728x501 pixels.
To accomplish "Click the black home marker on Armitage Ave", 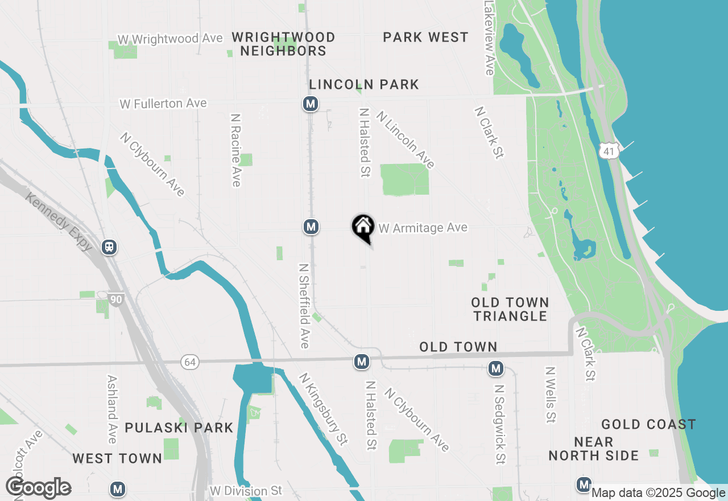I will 363,227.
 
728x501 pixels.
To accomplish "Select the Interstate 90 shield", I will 116,299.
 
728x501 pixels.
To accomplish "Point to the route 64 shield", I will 190,362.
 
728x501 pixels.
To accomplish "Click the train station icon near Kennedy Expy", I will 109,247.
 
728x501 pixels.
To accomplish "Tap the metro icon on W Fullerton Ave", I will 310,104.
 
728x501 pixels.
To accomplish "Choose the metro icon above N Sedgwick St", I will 496,368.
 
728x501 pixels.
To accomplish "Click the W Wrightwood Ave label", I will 170,39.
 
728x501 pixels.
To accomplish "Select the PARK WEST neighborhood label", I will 425,38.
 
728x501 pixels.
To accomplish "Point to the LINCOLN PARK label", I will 364,85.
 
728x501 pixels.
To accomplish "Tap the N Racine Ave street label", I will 235,150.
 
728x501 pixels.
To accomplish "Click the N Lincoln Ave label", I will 405,139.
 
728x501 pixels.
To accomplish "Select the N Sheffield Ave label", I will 304,305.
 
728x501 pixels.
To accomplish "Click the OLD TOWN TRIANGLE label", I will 510,309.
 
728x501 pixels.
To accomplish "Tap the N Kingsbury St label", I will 323,408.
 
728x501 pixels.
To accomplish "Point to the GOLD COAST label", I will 648,424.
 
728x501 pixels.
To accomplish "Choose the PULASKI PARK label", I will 179,428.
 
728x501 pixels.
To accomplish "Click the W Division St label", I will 246,491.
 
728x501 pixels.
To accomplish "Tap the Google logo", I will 38,488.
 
